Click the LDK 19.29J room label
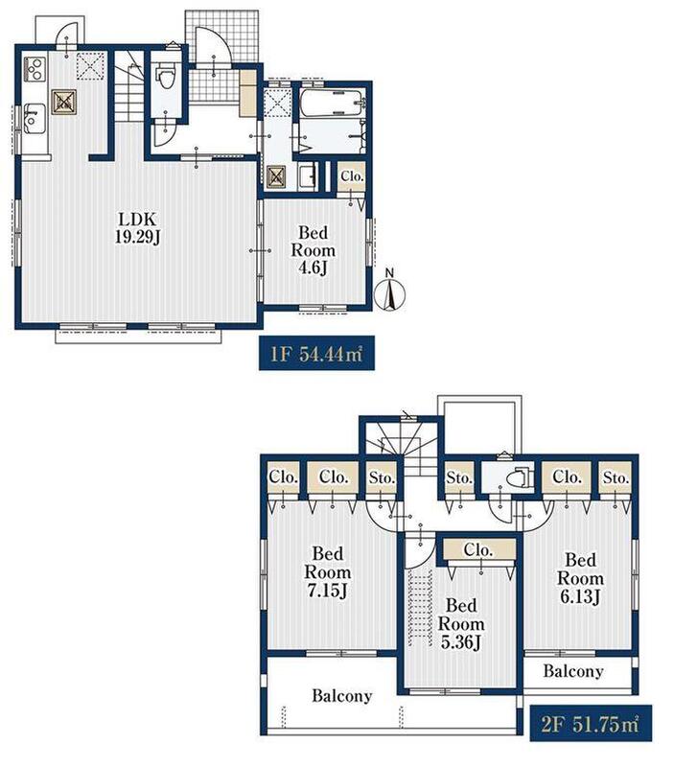pyautogui.click(x=138, y=227)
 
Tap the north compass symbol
pyautogui.click(x=390, y=292)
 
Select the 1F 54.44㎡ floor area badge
pyautogui.click(x=316, y=353)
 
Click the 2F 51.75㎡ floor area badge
pyautogui.click(x=591, y=723)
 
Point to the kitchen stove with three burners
pyautogui.click(x=35, y=69)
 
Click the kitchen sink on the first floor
pyautogui.click(x=35, y=118)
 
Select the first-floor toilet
pyautogui.click(x=165, y=79)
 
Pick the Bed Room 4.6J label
pyautogui.click(x=314, y=250)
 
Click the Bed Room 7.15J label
pyautogui.click(x=327, y=571)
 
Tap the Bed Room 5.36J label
pyautogui.click(x=461, y=624)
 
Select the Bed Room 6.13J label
pyautogui.click(x=580, y=579)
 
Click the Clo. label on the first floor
pyautogui.click(x=352, y=176)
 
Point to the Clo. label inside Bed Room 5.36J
pyautogui.click(x=478, y=549)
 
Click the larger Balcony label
pyautogui.click(x=342, y=695)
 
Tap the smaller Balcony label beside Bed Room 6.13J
pyautogui.click(x=572, y=670)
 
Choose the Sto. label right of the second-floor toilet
pyautogui.click(x=616, y=476)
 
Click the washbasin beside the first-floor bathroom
pyautogui.click(x=308, y=176)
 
